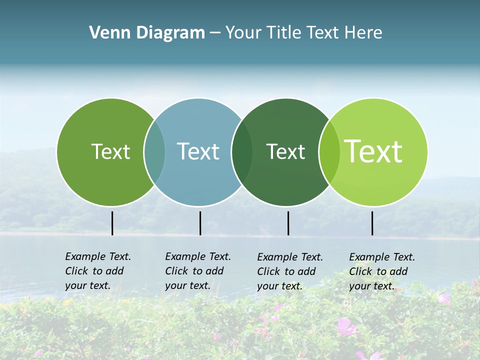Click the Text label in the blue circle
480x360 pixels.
[x=198, y=151]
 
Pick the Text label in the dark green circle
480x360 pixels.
[x=285, y=151]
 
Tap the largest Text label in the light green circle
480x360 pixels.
[x=373, y=151]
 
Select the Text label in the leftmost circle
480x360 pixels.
[x=110, y=151]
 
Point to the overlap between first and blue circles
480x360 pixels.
[x=154, y=152]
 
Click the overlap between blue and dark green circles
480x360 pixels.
[x=242, y=152]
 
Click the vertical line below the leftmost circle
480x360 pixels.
[x=112, y=223]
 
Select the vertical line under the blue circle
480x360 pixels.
[x=200, y=223]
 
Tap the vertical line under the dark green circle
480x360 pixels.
[x=288, y=223]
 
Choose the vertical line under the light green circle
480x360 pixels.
[x=372, y=223]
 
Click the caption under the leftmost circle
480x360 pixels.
[x=97, y=271]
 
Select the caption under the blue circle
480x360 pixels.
[x=197, y=271]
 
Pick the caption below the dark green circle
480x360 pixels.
[x=289, y=271]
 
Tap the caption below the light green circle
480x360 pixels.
[x=381, y=271]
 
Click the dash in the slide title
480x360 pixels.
[x=214, y=33]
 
